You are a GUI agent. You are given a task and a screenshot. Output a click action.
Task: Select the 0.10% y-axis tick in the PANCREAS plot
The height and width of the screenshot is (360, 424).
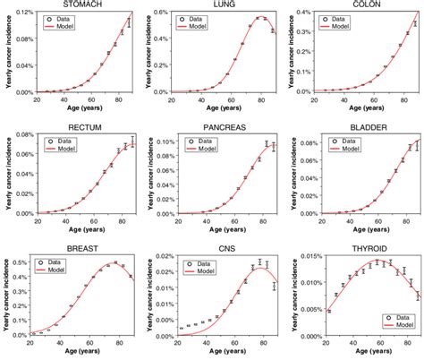(x=163, y=140)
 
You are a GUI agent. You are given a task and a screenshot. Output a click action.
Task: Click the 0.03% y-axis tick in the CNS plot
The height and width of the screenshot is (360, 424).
(x=163, y=259)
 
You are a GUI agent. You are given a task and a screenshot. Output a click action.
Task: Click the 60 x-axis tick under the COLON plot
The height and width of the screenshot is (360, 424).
(x=366, y=99)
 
